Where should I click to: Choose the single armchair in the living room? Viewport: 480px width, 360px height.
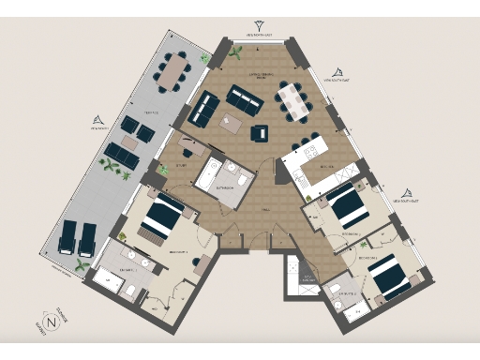[x=258, y=133]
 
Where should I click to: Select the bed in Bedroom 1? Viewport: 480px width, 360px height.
[x=165, y=213]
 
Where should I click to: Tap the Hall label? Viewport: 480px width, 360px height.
[x=265, y=213]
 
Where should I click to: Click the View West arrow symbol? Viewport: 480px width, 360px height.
[x=97, y=119]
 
